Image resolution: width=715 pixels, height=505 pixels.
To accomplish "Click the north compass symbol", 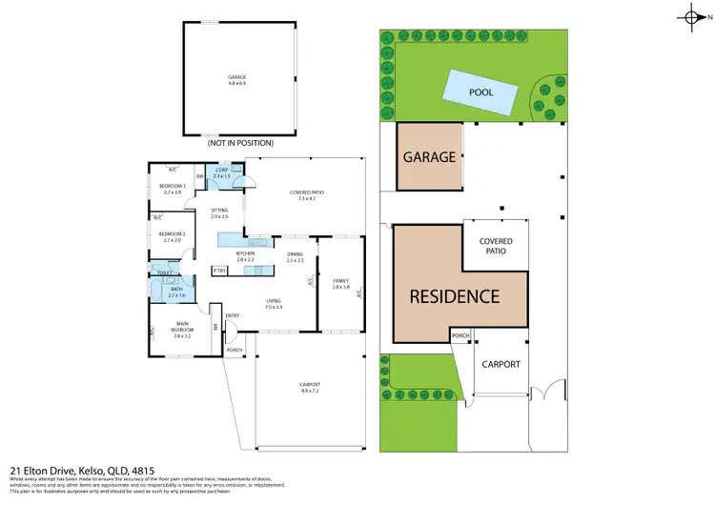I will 694,16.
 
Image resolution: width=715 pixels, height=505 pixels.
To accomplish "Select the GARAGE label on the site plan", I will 429,157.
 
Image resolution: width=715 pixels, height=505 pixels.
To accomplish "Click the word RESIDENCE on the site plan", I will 455,296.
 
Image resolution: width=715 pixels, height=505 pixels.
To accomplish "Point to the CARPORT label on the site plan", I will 500,364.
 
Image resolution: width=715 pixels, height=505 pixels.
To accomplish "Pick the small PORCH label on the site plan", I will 461,335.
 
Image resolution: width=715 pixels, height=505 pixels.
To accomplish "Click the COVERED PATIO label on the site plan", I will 493,247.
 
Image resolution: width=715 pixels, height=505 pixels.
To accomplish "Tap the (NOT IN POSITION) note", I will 240,143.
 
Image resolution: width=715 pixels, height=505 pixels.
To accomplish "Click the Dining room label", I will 295,253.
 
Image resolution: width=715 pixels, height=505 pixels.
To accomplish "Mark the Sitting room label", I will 220,212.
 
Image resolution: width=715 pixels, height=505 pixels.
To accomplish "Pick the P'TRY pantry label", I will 220,272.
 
